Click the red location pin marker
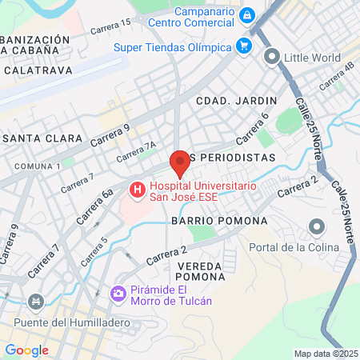[x=180, y=164]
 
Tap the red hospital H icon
[x=137, y=190]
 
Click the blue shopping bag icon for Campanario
[x=246, y=15]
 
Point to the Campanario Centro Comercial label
[x=206, y=15]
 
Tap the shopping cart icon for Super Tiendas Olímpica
[x=243, y=46]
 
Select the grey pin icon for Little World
[x=272, y=57]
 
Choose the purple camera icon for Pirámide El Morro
[x=118, y=294]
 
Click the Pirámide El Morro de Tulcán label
[x=171, y=295]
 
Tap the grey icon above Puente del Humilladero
[x=35, y=302]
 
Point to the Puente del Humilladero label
[x=54, y=322]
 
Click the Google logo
[x=26, y=350]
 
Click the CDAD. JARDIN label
[x=236, y=100]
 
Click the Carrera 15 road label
[x=110, y=27]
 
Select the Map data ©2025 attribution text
[x=325, y=353]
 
